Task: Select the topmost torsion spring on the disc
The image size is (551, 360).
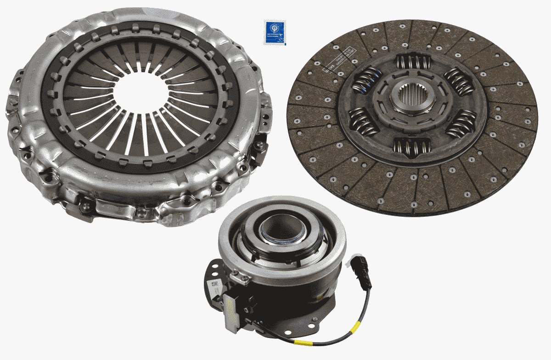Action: (413, 62)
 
